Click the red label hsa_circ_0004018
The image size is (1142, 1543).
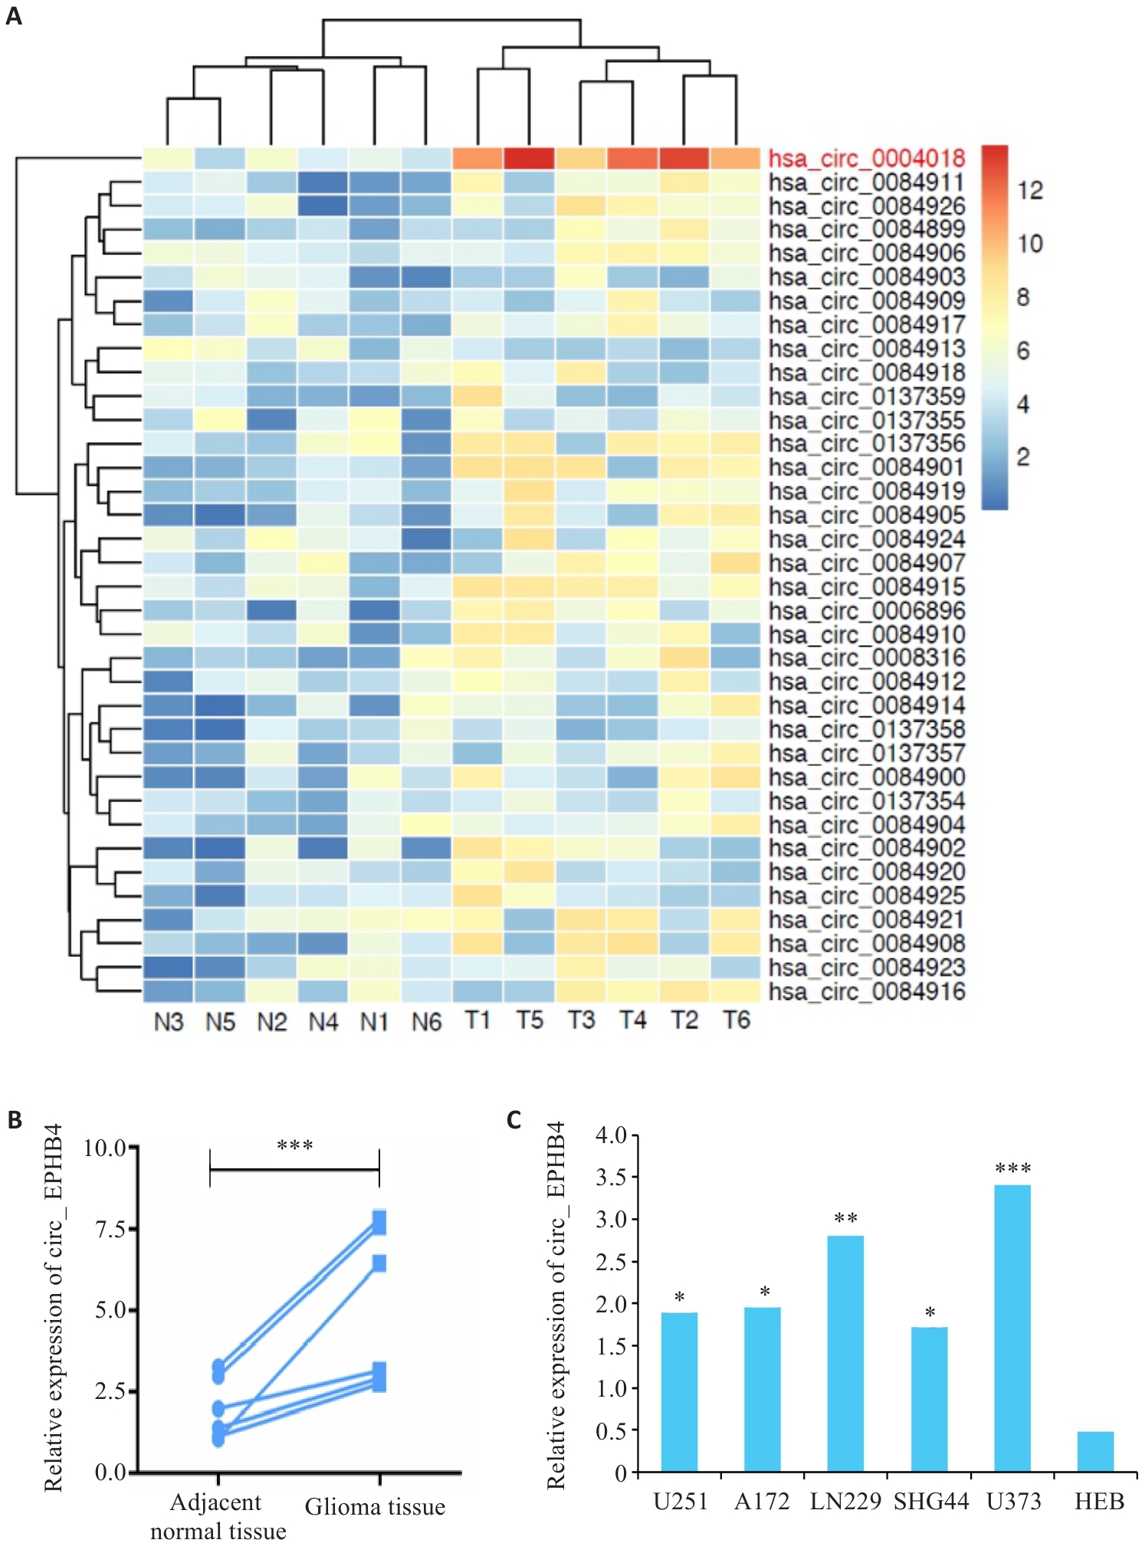tap(866, 159)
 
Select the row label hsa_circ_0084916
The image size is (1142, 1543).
tap(866, 991)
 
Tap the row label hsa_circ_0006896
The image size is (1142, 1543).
tap(866, 611)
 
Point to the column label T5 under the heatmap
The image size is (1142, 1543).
tap(529, 1020)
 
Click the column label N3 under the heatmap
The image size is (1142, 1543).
tap(169, 1022)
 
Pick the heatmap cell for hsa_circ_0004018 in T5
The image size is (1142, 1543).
tap(529, 158)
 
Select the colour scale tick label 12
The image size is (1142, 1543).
tap(1030, 191)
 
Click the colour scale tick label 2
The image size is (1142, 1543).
tap(1022, 457)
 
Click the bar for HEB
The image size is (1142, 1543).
tap(1095, 1451)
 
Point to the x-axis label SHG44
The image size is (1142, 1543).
tap(931, 1501)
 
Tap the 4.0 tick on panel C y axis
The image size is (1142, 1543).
tap(611, 1135)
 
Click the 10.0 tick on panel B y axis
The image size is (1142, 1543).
tap(105, 1148)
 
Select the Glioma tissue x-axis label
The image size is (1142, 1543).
tap(375, 1507)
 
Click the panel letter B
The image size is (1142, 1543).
tap(15, 1120)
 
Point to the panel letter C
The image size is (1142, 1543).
tap(514, 1120)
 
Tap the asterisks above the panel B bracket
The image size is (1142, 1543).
tap(294, 1147)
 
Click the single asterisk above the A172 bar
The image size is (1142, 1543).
tap(764, 1292)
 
